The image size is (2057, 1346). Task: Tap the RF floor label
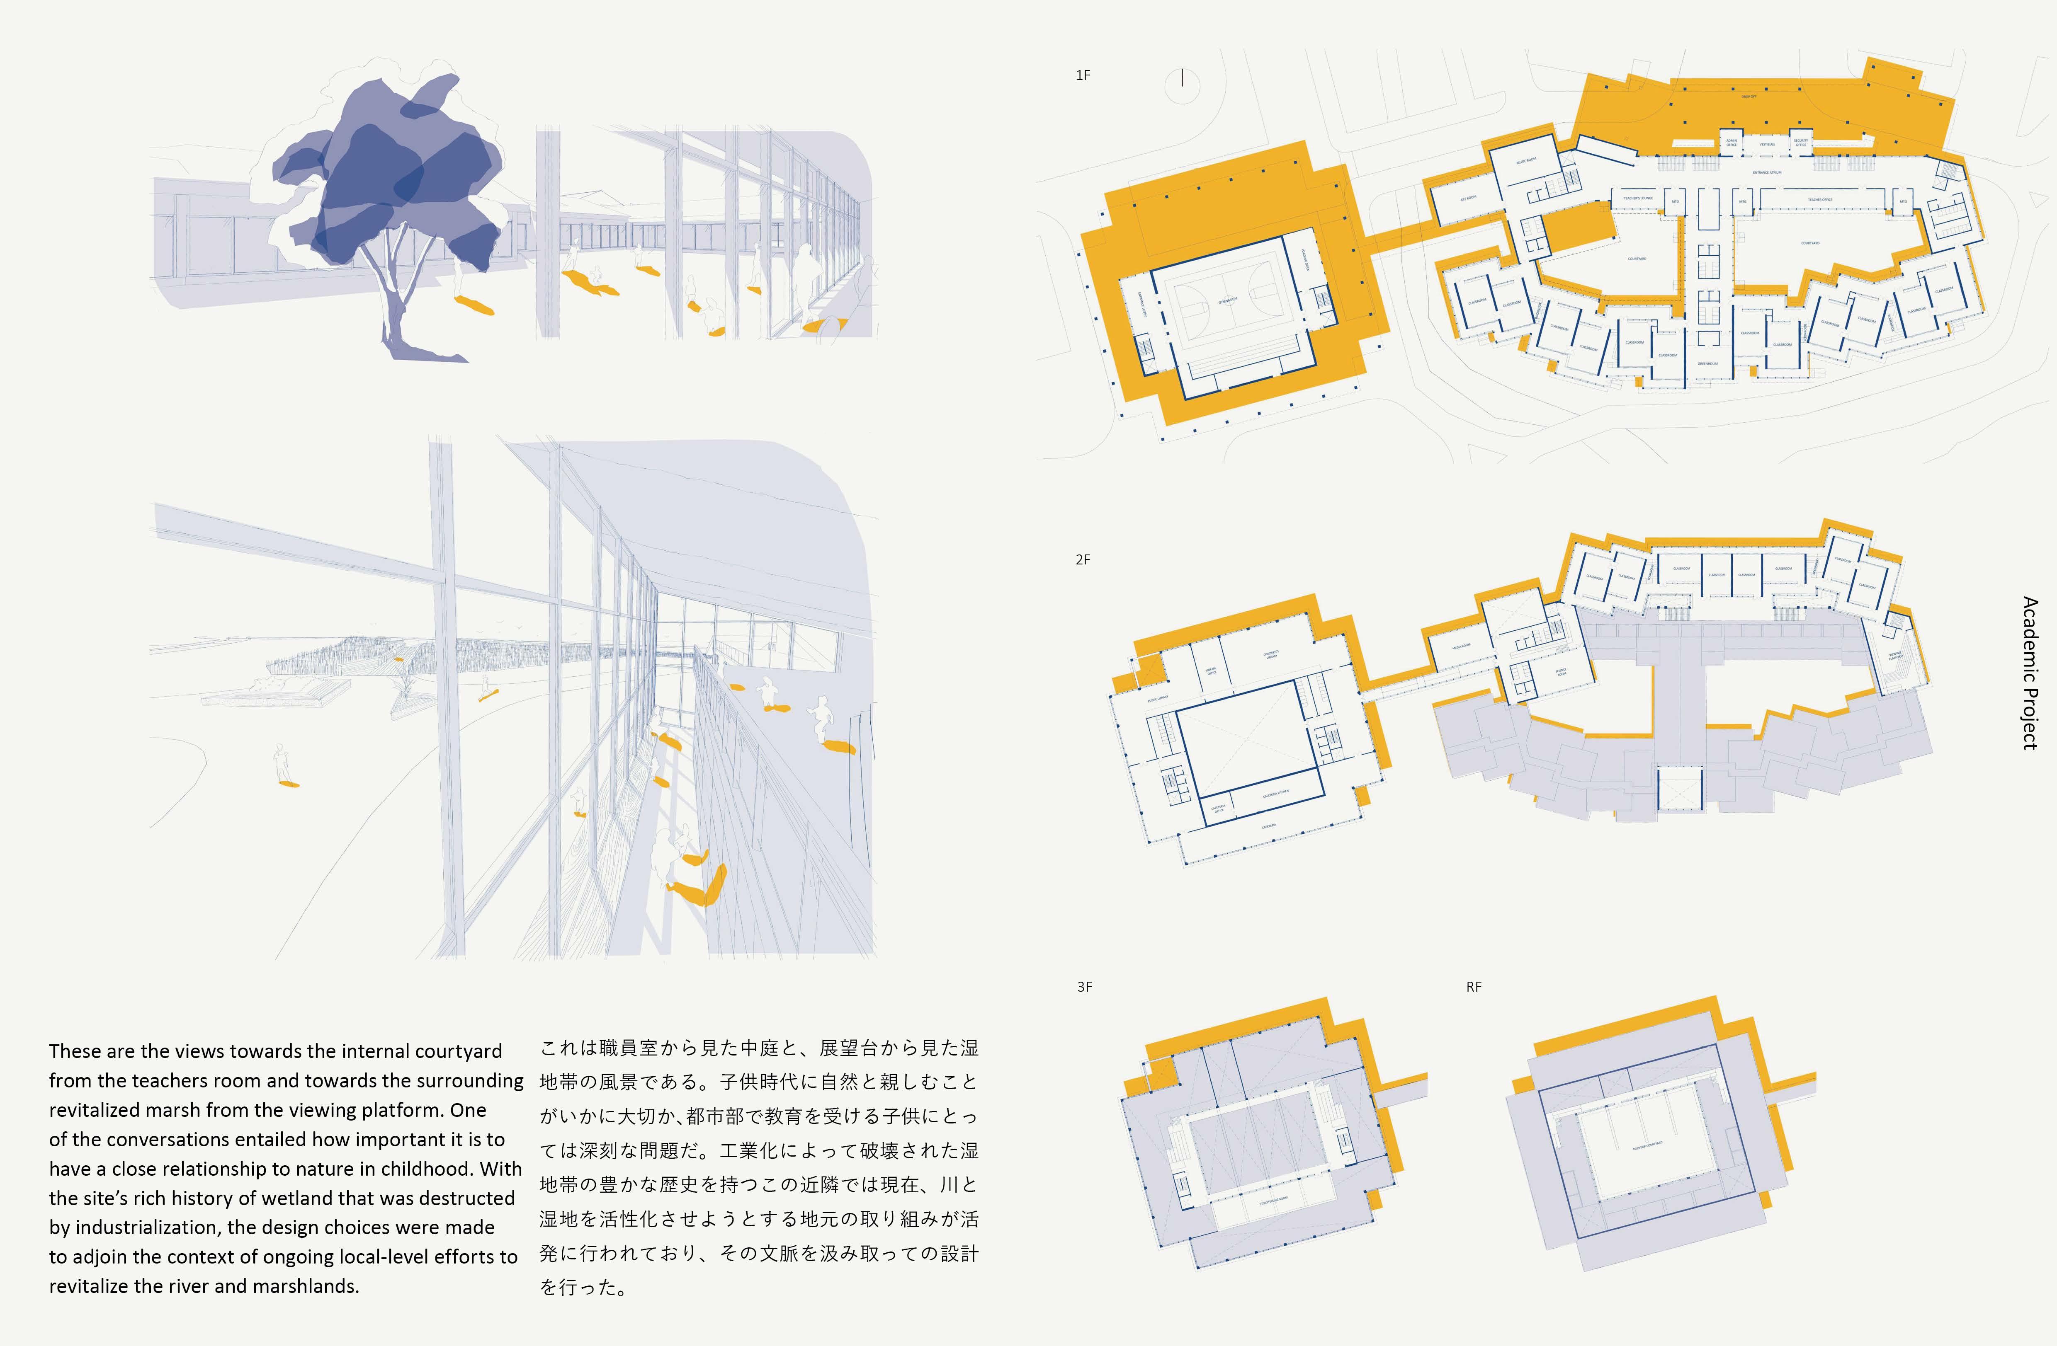(x=1474, y=987)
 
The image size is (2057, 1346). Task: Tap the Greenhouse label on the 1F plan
(x=1707, y=364)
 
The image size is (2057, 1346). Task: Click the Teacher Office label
(x=1819, y=200)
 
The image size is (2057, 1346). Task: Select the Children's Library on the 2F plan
(x=1270, y=655)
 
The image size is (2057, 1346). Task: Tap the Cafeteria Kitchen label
(x=1276, y=792)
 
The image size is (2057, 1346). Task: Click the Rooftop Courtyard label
(x=1647, y=1145)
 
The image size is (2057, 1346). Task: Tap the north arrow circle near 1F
(x=1183, y=80)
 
